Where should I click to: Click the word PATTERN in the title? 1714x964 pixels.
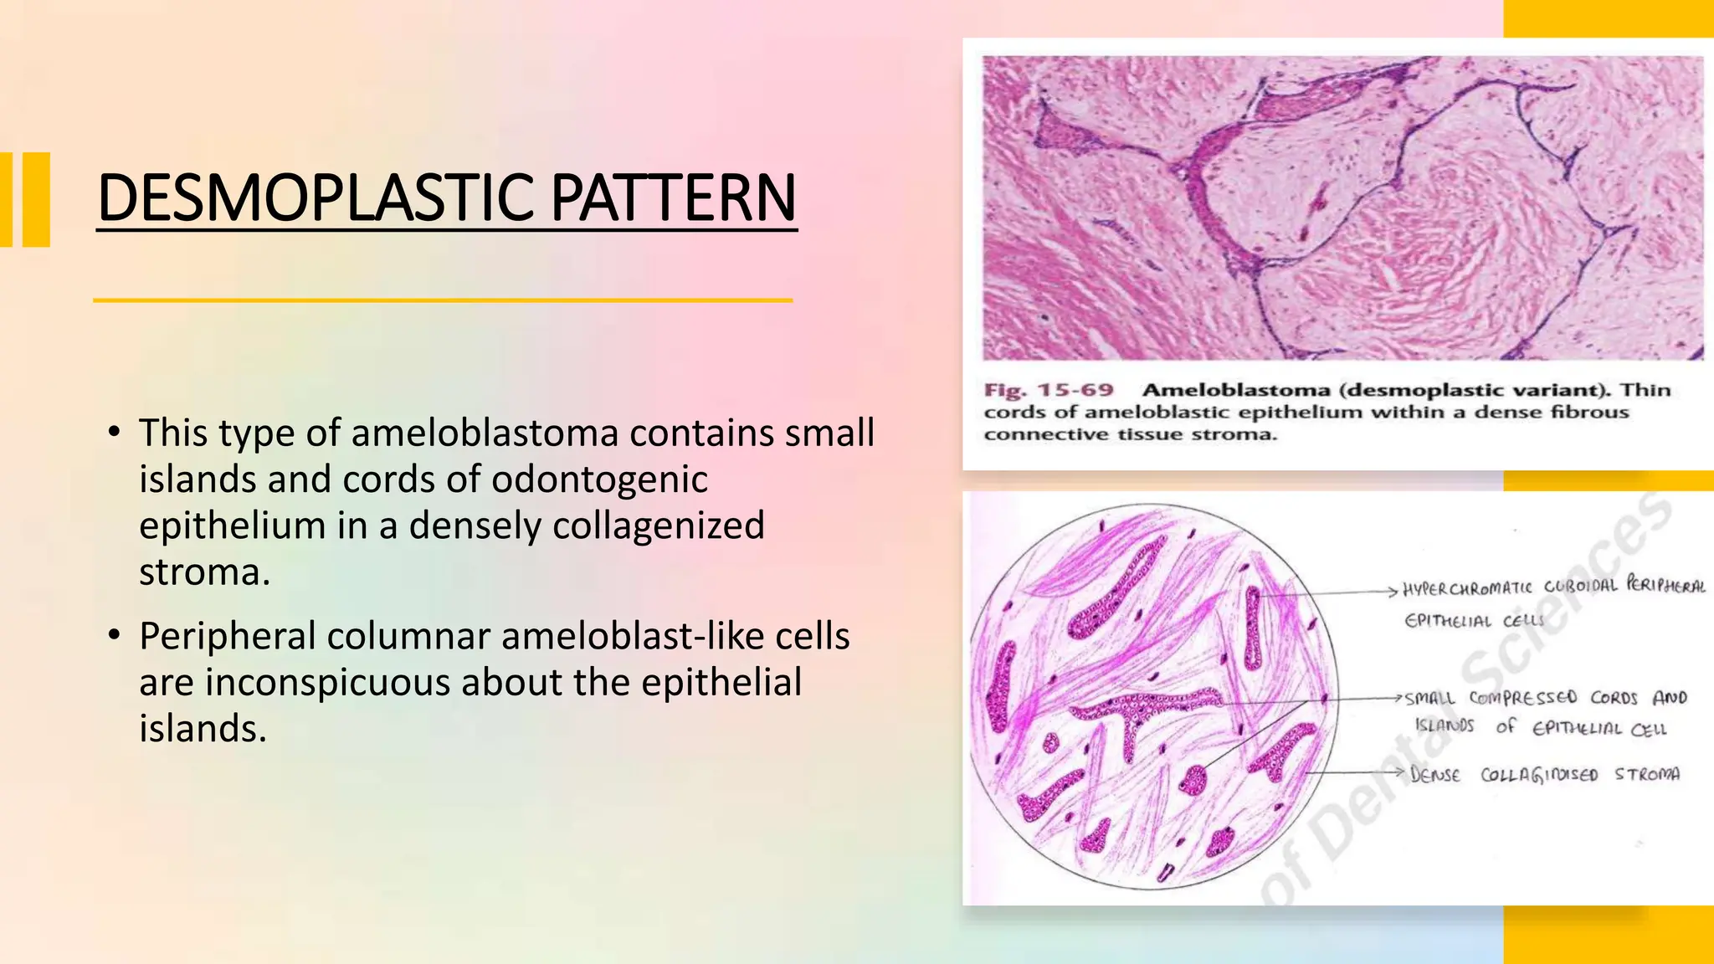pos(673,198)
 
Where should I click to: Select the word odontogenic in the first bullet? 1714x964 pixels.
pos(599,479)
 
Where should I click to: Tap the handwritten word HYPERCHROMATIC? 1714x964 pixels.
pos(1467,588)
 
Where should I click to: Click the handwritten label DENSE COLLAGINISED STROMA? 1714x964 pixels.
pos(1544,774)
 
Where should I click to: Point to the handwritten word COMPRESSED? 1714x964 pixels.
pos(1522,697)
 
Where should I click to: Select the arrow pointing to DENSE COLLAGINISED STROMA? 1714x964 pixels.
pos(1356,772)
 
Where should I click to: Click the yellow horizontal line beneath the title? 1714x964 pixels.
pos(442,300)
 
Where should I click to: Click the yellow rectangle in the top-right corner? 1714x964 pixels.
pos(1608,18)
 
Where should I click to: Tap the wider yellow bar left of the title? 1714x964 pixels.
pos(36,199)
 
